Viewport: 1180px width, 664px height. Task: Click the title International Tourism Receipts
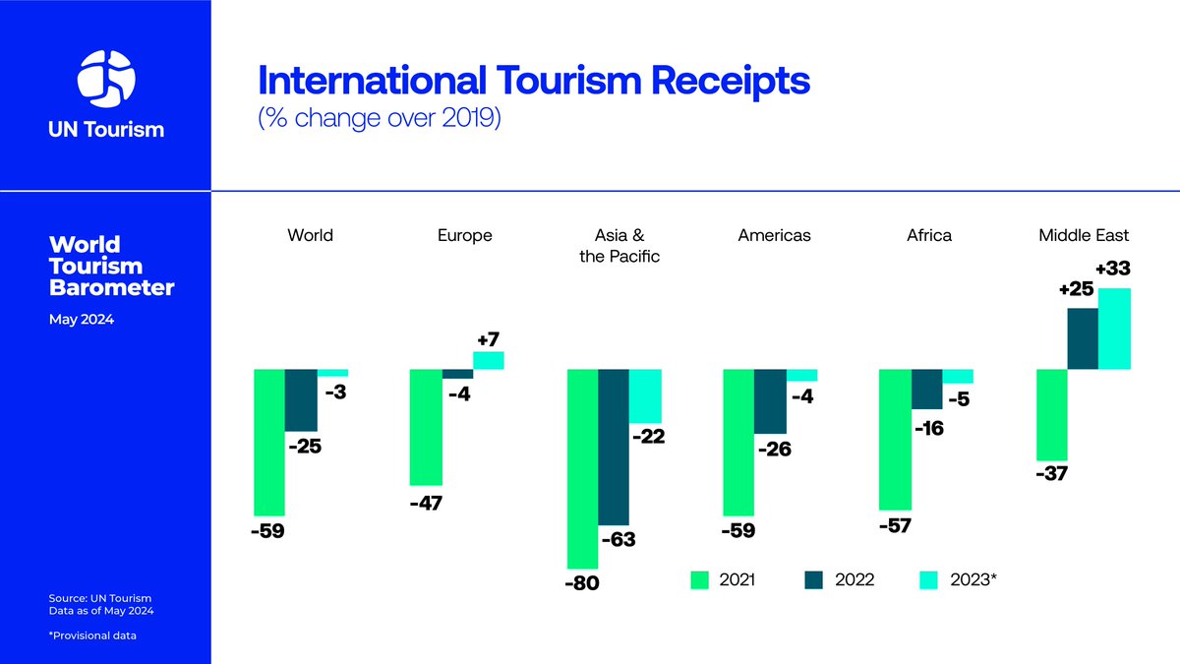(x=533, y=80)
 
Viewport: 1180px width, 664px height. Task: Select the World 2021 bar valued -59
(x=269, y=443)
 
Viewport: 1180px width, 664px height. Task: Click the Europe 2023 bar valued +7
(x=489, y=360)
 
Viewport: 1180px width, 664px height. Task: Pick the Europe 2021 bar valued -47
(x=425, y=427)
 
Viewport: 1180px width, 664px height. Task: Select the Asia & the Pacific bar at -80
(x=583, y=468)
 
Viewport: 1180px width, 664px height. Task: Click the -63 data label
(x=618, y=539)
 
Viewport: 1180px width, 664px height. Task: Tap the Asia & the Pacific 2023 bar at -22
(x=645, y=395)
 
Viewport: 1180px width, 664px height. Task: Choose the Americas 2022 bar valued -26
(x=770, y=401)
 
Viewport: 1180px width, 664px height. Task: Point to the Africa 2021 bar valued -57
(x=895, y=439)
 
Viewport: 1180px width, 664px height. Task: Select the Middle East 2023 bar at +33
(x=1115, y=329)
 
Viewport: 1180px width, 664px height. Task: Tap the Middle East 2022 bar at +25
(x=1084, y=338)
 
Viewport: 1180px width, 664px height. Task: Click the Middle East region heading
(x=1084, y=235)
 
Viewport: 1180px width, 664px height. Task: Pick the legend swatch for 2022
(x=814, y=580)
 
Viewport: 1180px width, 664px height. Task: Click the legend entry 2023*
(x=972, y=580)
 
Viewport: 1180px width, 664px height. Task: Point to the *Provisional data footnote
(x=92, y=635)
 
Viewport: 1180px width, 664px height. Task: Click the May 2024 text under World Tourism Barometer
(x=82, y=319)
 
